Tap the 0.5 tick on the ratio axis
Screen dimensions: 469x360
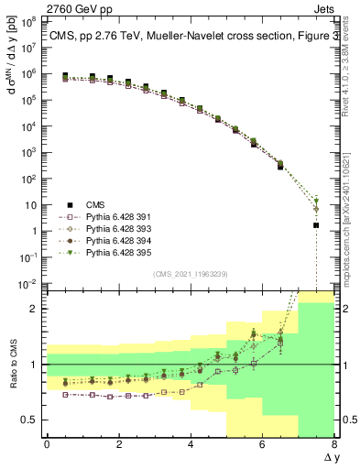[30, 420]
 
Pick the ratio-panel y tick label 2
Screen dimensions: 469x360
[35, 309]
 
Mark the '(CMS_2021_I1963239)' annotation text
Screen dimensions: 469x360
[191, 274]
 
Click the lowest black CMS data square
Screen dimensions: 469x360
[316, 224]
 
